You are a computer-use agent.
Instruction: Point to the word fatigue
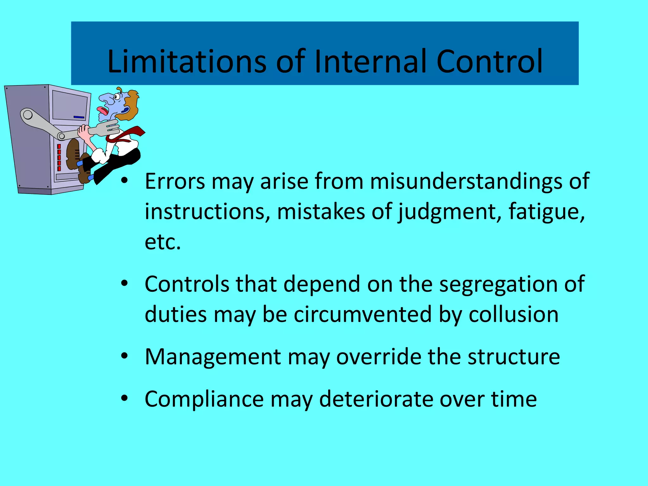tap(546, 212)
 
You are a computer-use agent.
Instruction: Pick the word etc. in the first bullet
tap(163, 242)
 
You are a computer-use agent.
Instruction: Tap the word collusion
tap(513, 315)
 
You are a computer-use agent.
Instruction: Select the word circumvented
tap(363, 315)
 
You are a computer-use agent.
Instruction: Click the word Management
tap(213, 357)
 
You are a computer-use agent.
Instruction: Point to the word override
tap(378, 357)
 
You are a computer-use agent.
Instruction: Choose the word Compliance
tap(204, 399)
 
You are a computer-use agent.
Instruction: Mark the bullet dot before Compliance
tap(124, 398)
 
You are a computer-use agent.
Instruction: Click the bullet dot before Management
tap(124, 356)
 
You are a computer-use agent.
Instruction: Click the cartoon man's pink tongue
tap(102, 110)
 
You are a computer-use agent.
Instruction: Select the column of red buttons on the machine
tap(59, 157)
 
